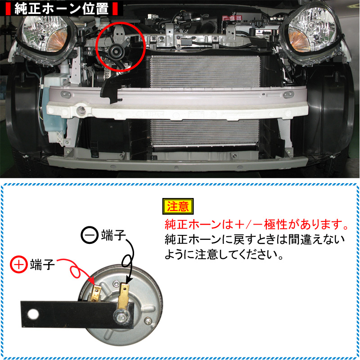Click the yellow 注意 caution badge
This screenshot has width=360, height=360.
click(x=178, y=206)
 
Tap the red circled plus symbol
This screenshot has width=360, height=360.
click(x=19, y=264)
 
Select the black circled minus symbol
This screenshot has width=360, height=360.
click(x=90, y=235)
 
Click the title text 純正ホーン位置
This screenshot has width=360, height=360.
click(x=62, y=9)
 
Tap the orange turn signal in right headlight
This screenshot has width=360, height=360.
click(x=298, y=41)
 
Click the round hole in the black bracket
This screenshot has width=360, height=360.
click(x=33, y=314)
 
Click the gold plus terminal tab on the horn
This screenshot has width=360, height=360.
click(x=96, y=293)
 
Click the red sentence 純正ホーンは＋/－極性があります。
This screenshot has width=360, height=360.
click(x=256, y=224)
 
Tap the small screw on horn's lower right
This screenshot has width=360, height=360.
click(x=148, y=320)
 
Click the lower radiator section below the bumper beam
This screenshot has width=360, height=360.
click(x=205, y=132)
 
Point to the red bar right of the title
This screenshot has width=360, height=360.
click(x=115, y=9)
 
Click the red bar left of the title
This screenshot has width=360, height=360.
click(x=8, y=9)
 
